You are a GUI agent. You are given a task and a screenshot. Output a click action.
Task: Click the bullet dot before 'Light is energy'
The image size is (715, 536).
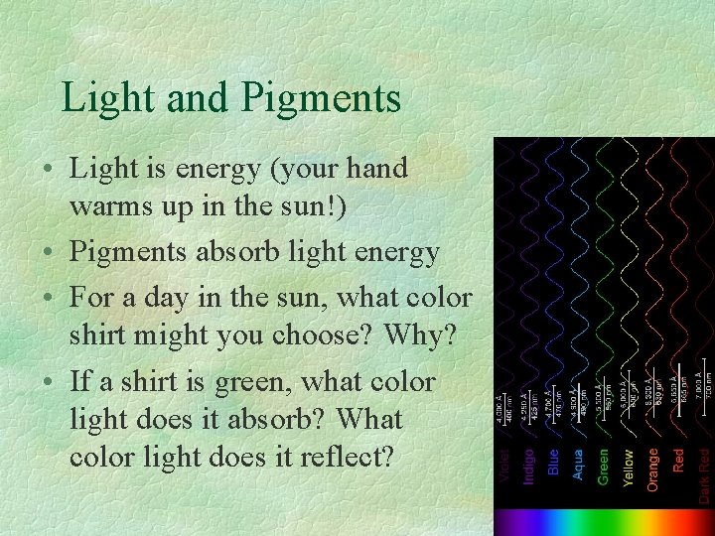[49, 170]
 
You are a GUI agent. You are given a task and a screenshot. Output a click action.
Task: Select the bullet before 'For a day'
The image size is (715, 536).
[49, 298]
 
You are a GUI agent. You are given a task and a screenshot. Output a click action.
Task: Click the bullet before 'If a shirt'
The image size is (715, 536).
[49, 382]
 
